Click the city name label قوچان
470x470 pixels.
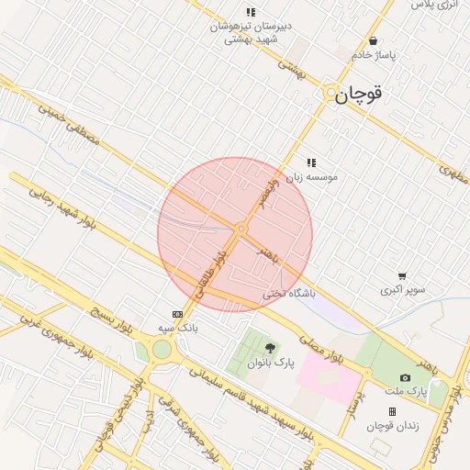358,94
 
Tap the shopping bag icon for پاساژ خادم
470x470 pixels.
373,40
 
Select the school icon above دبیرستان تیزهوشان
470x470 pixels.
251,12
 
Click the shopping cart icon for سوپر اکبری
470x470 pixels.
402,276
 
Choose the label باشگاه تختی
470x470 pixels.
288,294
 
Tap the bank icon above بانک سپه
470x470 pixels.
177,313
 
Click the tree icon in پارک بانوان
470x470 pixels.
270,348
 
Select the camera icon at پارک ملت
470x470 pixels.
405,377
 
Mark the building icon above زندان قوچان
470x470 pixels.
392,411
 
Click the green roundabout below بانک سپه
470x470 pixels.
162,350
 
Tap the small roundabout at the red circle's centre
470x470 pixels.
241,229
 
